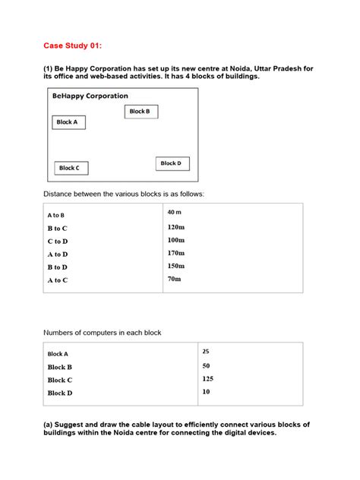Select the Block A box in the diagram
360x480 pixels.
point(68,122)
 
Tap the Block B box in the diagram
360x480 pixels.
point(141,112)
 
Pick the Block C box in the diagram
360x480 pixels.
point(71,168)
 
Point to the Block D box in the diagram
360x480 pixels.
point(173,163)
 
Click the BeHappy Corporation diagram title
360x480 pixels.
point(90,96)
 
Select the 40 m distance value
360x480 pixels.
point(174,212)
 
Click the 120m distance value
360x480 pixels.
point(175,227)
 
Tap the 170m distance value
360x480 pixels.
point(175,253)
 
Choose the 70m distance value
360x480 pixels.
point(174,279)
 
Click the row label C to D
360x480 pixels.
point(58,241)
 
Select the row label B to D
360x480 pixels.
point(58,267)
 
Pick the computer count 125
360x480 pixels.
point(207,378)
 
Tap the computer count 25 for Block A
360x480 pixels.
point(206,351)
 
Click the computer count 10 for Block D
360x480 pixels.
point(206,392)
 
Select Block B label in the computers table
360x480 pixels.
point(60,367)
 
